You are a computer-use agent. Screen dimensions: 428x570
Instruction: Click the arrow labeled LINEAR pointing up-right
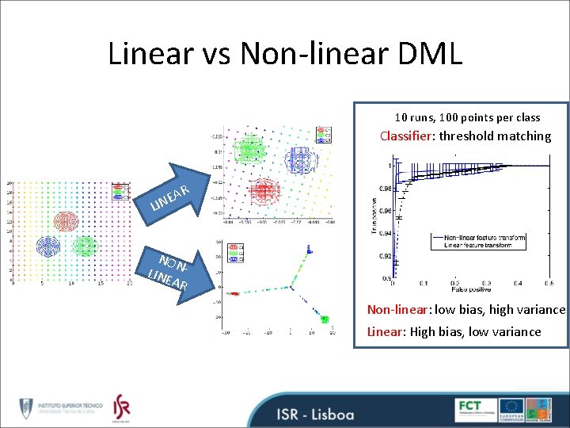click(x=175, y=194)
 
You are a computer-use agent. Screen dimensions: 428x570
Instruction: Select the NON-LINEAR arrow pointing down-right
click(x=170, y=269)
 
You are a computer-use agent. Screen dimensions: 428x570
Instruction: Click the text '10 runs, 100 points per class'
click(x=467, y=117)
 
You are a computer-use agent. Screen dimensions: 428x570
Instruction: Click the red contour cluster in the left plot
click(x=59, y=220)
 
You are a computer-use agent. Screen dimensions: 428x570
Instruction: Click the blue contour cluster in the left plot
click(x=47, y=246)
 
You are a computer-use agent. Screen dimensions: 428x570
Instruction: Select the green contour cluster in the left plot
click(x=83, y=246)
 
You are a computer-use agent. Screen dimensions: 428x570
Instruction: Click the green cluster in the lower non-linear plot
click(x=323, y=318)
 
